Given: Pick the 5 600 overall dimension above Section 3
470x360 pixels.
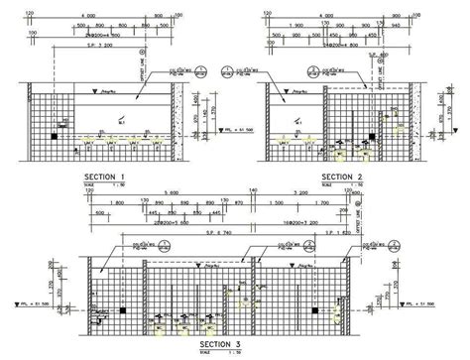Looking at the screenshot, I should click(x=172, y=193).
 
